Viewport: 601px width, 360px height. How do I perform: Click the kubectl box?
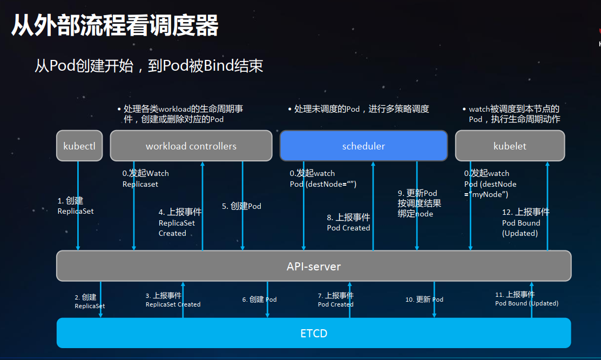click(x=79, y=146)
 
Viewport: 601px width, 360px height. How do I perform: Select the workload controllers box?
click(x=191, y=146)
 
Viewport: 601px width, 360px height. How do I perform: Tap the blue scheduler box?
click(x=363, y=146)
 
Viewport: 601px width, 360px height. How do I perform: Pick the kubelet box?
click(x=510, y=146)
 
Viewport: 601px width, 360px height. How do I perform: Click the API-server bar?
click(x=314, y=266)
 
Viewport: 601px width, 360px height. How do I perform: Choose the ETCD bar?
click(x=314, y=333)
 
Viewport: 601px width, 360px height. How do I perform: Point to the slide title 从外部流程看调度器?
click(x=114, y=25)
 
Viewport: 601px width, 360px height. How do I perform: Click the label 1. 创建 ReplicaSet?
click(x=75, y=206)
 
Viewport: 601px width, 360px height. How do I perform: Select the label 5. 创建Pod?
click(x=241, y=206)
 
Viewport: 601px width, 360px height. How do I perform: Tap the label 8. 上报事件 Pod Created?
click(x=348, y=222)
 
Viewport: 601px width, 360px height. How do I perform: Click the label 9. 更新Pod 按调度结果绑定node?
click(x=419, y=203)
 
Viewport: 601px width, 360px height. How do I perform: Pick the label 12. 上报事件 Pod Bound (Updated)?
click(x=525, y=222)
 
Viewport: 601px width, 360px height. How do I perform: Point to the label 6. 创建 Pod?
click(x=259, y=300)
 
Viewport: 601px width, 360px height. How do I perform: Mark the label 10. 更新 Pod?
click(x=424, y=300)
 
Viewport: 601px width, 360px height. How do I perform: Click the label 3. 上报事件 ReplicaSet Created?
click(x=173, y=300)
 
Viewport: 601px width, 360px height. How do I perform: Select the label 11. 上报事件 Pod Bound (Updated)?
click(x=526, y=299)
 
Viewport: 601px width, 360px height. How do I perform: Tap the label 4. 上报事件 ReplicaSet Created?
click(x=180, y=222)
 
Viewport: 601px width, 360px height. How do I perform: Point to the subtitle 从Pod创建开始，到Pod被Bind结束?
click(x=149, y=66)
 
